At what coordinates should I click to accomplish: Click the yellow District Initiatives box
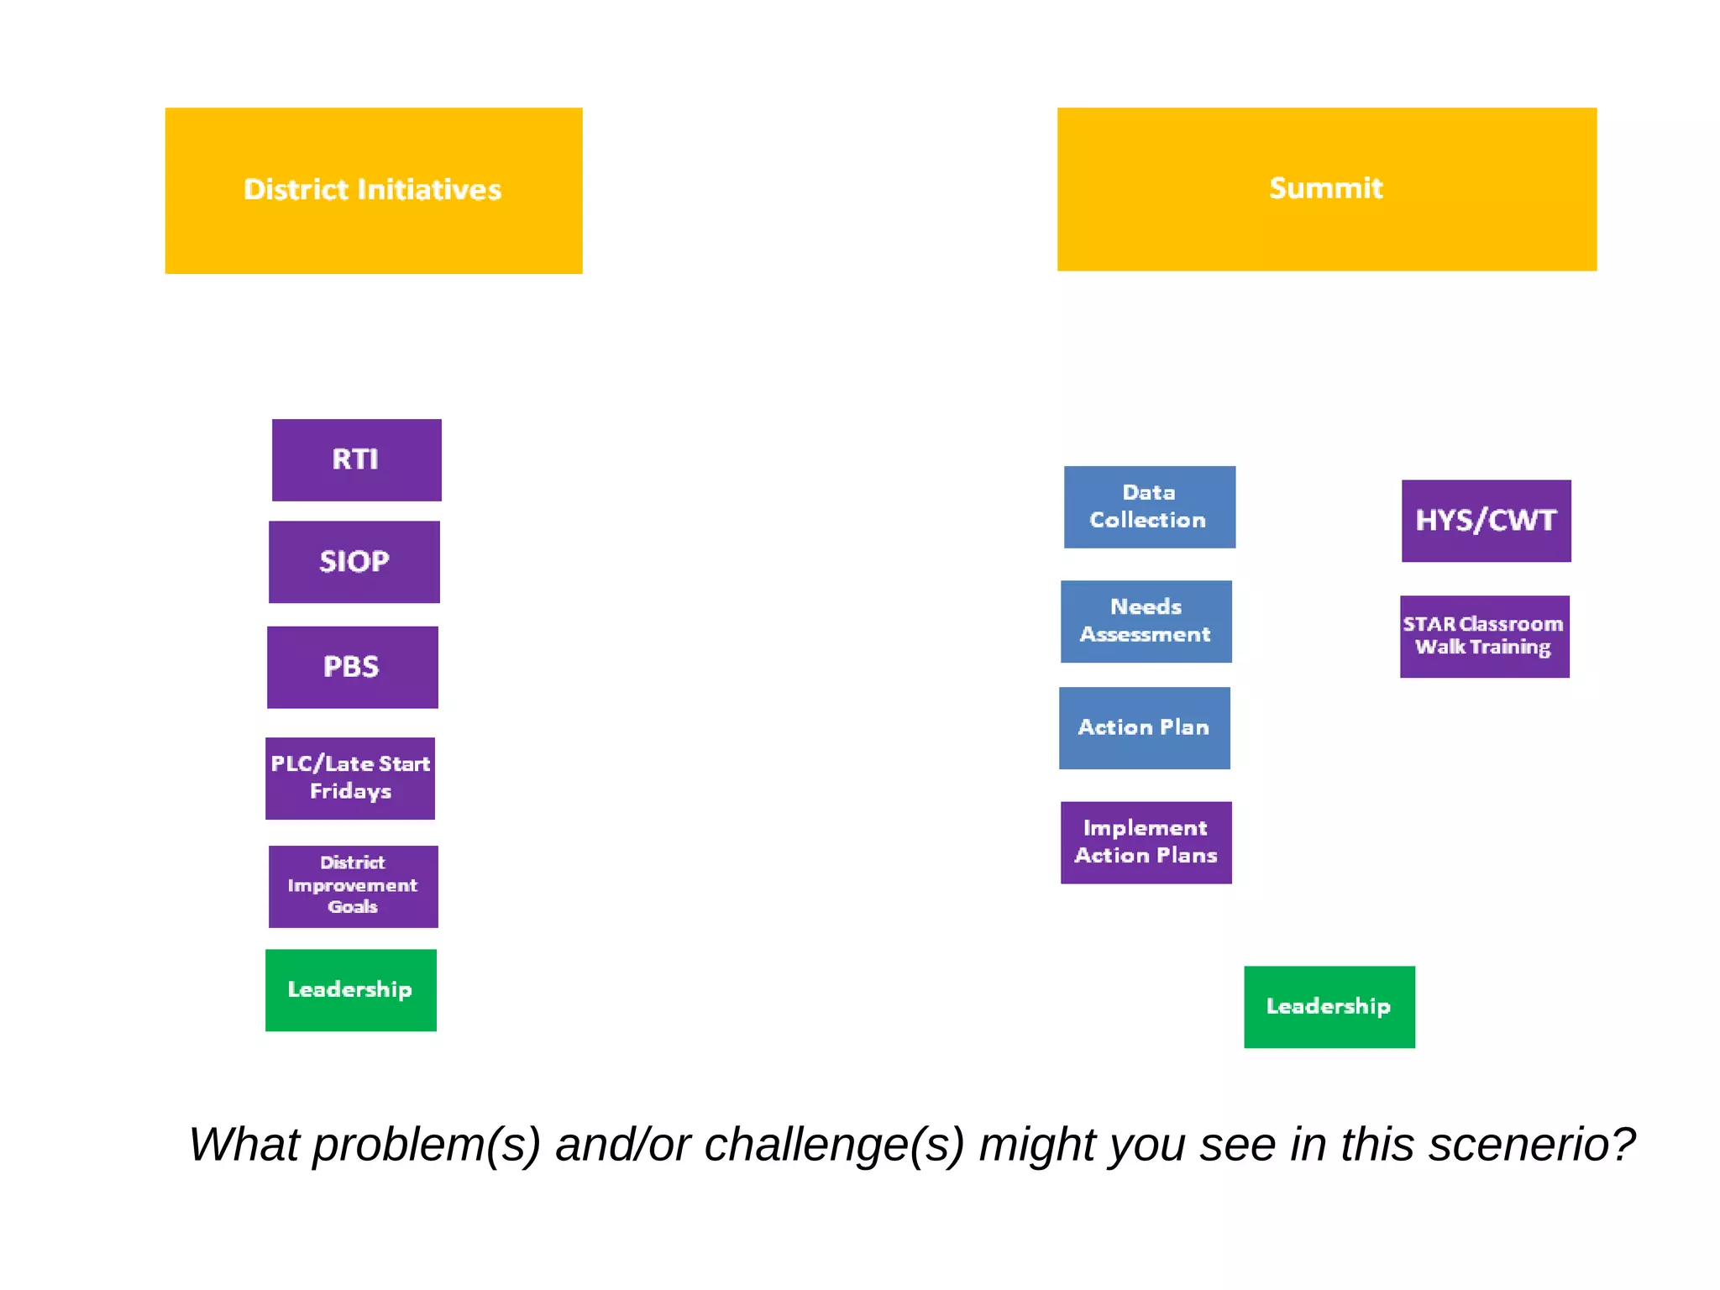[373, 191]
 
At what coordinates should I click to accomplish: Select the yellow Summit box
[1326, 189]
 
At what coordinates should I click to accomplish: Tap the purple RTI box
[356, 460]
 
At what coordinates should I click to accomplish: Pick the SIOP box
[354, 562]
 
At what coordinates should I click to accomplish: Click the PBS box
[352, 668]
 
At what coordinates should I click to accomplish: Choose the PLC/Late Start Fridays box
[349, 779]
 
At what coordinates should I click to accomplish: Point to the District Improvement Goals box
[353, 886]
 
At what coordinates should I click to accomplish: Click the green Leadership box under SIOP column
[350, 990]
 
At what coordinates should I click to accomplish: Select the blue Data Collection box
[1149, 507]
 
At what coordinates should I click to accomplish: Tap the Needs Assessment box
[1146, 621]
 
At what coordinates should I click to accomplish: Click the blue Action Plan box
[1144, 728]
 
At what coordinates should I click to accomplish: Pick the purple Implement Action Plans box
[1146, 842]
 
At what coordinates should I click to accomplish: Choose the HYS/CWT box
[1486, 521]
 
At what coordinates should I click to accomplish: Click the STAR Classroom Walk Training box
[1484, 637]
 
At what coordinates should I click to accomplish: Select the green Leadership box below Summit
[1329, 1007]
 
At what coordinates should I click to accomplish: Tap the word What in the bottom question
[244, 1146]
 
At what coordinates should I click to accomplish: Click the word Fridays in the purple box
[350, 792]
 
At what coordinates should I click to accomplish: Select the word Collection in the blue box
[1147, 521]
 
